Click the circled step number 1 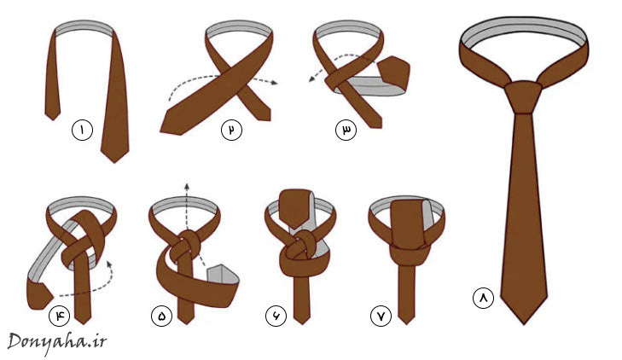click(82, 130)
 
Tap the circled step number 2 click(231, 130)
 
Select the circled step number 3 click(346, 130)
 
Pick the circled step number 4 click(59, 316)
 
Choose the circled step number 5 click(161, 316)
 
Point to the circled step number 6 click(276, 316)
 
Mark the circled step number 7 click(381, 316)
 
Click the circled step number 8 click(483, 298)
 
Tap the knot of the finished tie click(523, 97)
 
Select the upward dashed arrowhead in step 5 click(187, 186)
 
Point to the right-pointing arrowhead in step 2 click(274, 83)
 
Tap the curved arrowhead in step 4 click(108, 263)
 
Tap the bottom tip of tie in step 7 click(406, 323)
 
